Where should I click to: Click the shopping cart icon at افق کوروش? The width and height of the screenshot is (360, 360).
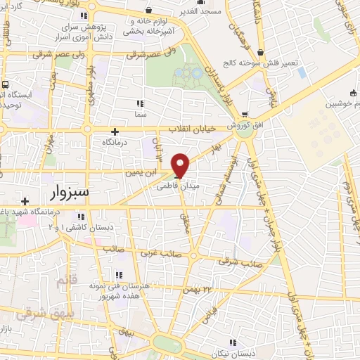pyautogui.click(x=244, y=113)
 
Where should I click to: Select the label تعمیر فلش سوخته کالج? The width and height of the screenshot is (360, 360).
pyautogui.click(x=266, y=63)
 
